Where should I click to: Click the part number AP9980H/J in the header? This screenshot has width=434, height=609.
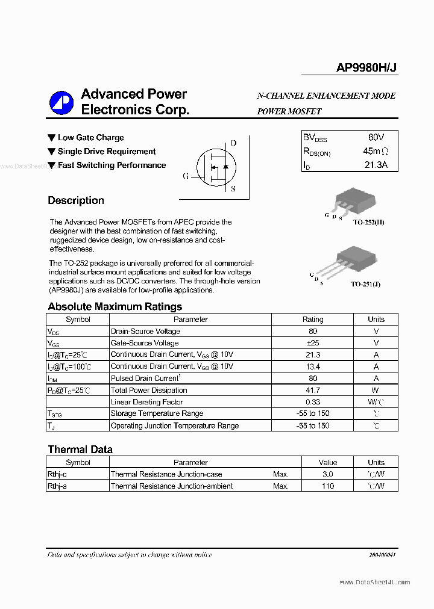366,69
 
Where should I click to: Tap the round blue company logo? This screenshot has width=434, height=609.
61,102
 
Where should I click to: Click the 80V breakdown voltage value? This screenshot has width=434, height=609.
375,138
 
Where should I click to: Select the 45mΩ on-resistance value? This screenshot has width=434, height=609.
376,151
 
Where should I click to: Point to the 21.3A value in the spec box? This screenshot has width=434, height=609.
376,164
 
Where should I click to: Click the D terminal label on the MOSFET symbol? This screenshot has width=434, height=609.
234,143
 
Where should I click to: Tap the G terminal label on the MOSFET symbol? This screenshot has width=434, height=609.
186,176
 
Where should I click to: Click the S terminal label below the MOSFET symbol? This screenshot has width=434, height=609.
233,188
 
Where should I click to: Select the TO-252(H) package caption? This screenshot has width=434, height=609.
368,222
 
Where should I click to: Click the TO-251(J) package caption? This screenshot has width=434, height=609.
366,283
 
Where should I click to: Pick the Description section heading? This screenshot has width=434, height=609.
76,200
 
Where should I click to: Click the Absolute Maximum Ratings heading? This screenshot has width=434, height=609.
115,306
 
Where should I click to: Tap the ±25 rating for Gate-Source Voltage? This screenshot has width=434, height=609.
313,343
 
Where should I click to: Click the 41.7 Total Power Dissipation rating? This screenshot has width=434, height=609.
313,390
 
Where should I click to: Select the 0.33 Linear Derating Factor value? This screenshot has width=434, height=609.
313,402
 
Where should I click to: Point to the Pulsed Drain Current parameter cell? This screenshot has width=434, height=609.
145,379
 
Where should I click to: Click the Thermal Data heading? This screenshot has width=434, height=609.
80,450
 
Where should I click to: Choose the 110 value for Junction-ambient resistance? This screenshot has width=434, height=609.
327,486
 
